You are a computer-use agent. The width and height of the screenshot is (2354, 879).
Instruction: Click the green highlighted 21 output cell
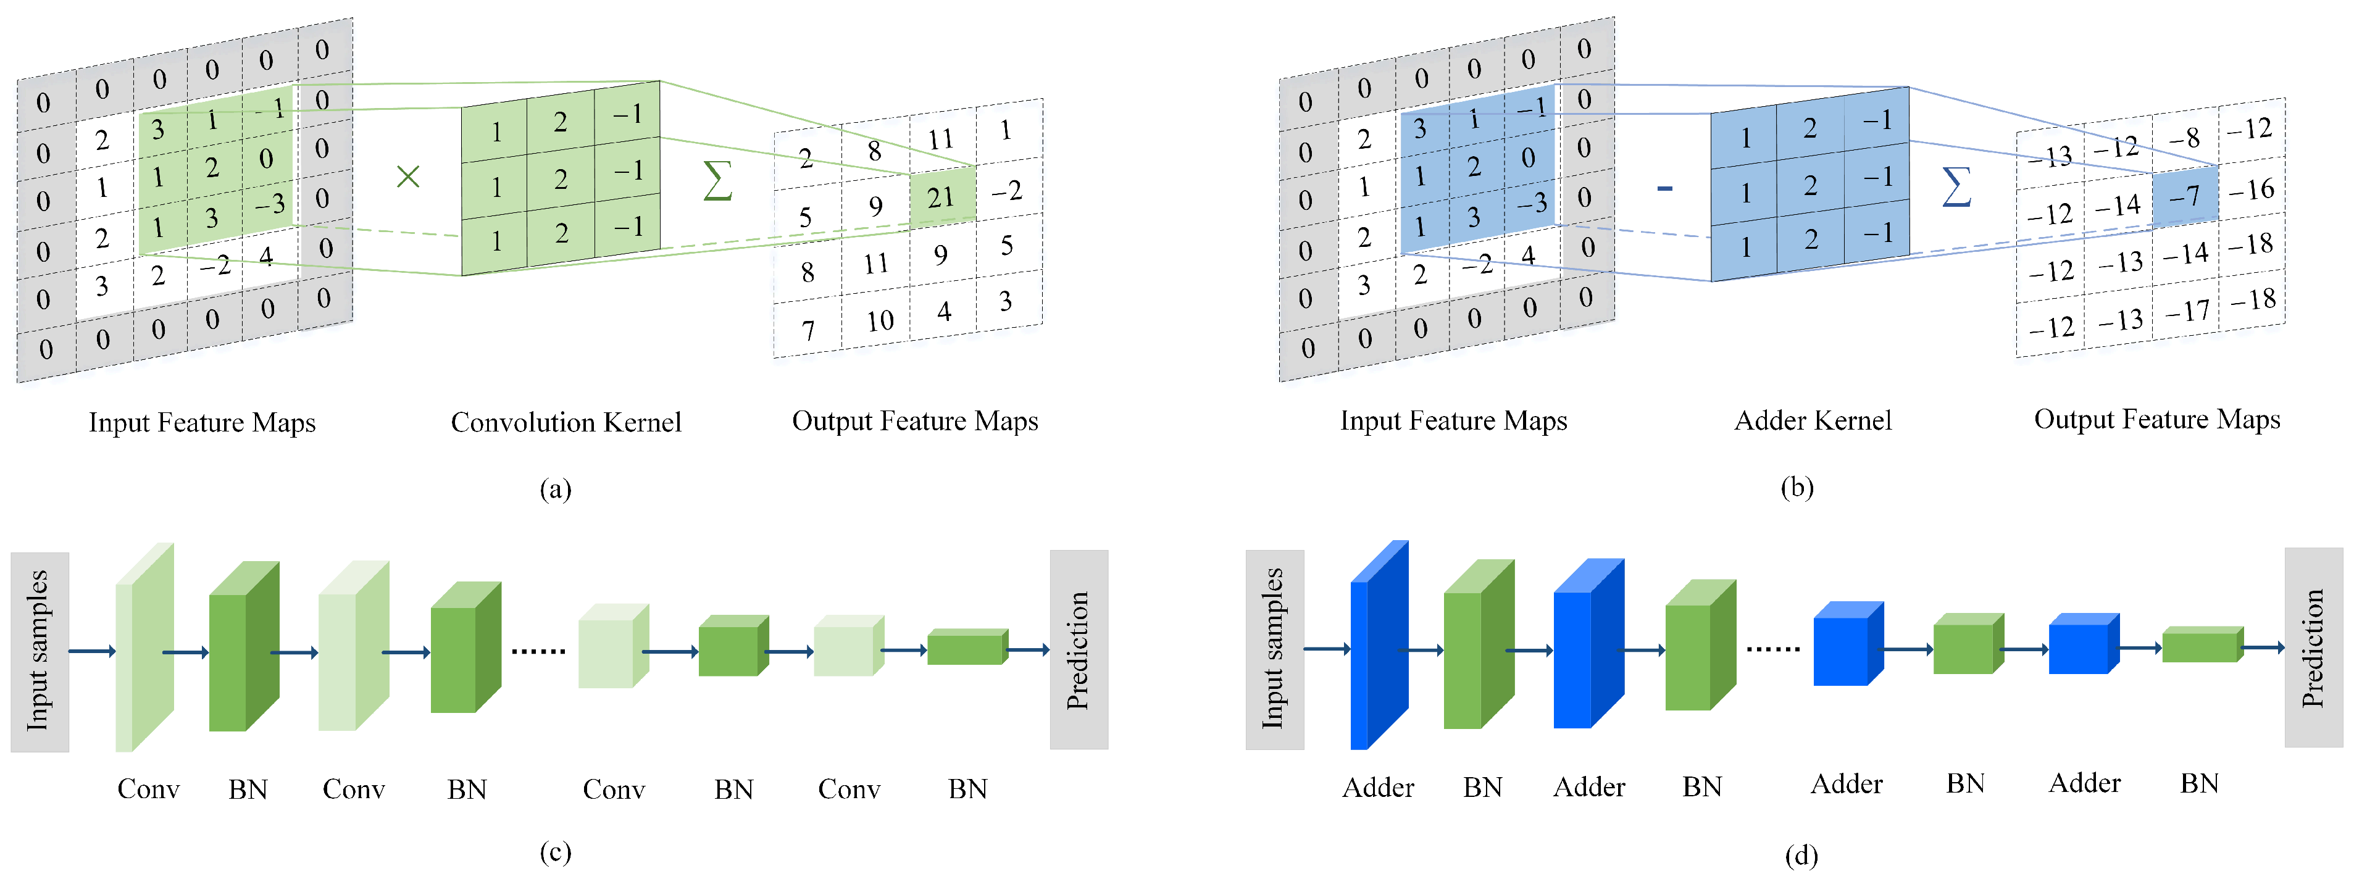(942, 196)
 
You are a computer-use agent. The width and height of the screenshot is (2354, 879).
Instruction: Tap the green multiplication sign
(407, 177)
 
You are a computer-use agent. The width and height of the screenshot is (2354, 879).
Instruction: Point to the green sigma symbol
(717, 180)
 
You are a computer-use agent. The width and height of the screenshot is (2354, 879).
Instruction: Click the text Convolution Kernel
(566, 422)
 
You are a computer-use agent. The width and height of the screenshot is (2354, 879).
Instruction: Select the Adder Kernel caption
(1813, 420)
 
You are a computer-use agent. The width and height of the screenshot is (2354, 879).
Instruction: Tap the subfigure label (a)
(554, 489)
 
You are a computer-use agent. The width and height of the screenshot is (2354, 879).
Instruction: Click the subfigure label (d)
(1801, 856)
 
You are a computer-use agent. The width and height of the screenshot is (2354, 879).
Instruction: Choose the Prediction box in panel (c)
(1079, 649)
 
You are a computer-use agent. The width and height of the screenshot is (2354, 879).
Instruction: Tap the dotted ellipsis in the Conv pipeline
(538, 651)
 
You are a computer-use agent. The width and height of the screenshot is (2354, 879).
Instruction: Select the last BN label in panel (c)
(968, 789)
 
